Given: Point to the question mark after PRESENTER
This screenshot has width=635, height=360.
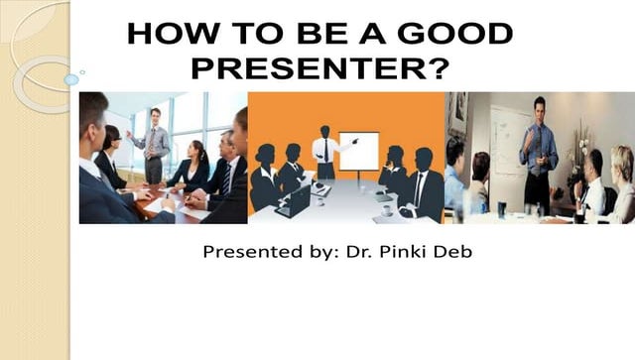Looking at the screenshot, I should tap(439, 69).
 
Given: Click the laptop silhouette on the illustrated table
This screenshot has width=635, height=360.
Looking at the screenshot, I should tap(295, 202).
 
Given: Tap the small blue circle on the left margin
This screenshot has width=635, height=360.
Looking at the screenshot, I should tap(71, 79).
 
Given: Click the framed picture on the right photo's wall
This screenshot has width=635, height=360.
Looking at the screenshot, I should tap(457, 114).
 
